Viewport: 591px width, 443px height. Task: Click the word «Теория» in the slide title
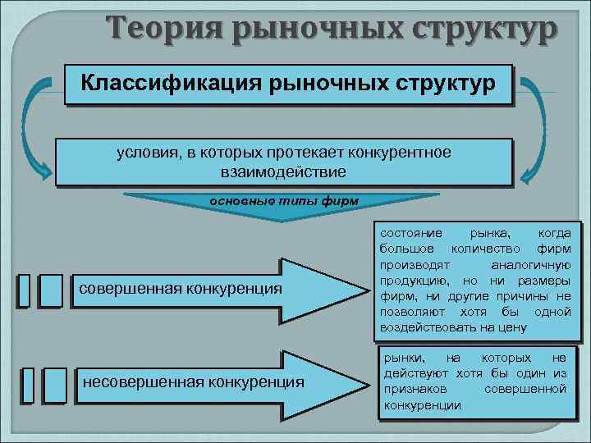pyautogui.click(x=156, y=30)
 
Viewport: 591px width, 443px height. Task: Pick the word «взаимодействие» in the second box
pyautogui.click(x=283, y=172)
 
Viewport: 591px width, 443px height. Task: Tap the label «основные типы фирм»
pyautogui.click(x=284, y=200)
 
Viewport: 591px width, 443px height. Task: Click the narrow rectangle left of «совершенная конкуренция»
pyautogui.click(x=24, y=290)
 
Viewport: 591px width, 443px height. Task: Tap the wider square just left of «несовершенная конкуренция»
pyautogui.click(x=55, y=385)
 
